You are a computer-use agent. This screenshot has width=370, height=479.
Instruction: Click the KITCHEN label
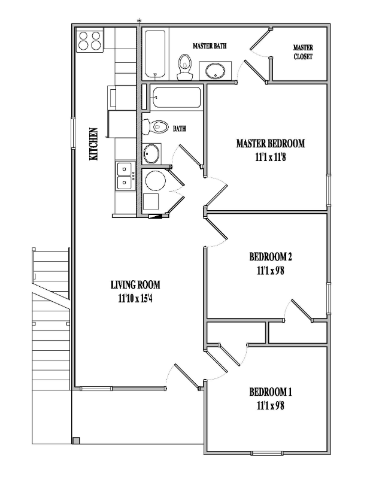[93, 144]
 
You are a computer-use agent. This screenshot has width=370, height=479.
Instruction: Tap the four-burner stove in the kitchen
[89, 40]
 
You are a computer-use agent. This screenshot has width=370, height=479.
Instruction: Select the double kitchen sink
[125, 175]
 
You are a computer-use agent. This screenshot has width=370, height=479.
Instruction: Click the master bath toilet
[185, 66]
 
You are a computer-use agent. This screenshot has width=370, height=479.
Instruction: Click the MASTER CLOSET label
[302, 52]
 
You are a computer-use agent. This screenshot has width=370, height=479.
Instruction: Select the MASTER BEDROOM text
[270, 144]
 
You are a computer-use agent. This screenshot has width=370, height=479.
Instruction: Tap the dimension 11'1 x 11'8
[270, 157]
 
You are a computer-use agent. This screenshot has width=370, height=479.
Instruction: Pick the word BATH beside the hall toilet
[180, 128]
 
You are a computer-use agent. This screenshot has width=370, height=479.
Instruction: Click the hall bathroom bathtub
[175, 98]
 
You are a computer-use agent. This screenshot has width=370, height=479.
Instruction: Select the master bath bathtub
[155, 54]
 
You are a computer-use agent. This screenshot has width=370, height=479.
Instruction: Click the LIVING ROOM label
[135, 285]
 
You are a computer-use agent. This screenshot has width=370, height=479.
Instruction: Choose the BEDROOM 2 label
[270, 257]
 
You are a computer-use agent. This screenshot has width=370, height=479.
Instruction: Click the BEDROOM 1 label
[270, 393]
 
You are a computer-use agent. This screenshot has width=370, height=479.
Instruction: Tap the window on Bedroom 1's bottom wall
[269, 452]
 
